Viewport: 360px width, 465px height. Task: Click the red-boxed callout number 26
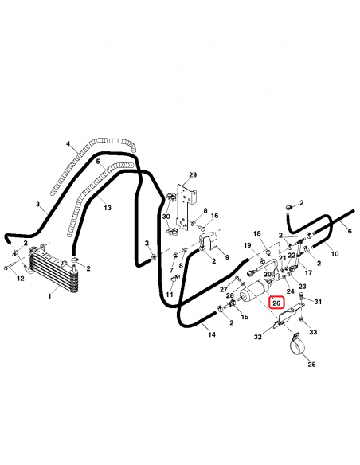pyautogui.click(x=276, y=303)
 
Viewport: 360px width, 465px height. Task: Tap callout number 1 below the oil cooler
pyautogui.click(x=49, y=296)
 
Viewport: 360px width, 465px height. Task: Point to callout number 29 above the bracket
pyautogui.click(x=193, y=175)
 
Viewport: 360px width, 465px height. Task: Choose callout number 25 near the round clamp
pyautogui.click(x=311, y=364)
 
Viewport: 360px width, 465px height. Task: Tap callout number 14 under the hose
pyautogui.click(x=212, y=334)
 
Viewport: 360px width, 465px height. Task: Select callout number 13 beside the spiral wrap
pyautogui.click(x=108, y=208)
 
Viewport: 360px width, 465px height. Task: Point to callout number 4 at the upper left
pyautogui.click(x=68, y=144)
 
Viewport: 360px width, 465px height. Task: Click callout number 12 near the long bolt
pyautogui.click(x=20, y=279)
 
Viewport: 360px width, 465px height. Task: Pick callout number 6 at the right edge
pyautogui.click(x=350, y=231)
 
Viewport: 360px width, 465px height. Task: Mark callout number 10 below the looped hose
pyautogui.click(x=335, y=253)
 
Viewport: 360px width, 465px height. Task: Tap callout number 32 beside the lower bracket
pyautogui.click(x=258, y=337)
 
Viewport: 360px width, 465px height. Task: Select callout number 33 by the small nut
pyautogui.click(x=313, y=332)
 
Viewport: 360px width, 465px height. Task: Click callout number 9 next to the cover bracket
pyautogui.click(x=227, y=257)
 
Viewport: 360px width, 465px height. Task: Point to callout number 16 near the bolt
pyautogui.click(x=214, y=216)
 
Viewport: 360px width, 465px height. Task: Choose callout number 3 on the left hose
pyautogui.click(x=37, y=204)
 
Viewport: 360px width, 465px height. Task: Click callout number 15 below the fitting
pyautogui.click(x=245, y=317)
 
